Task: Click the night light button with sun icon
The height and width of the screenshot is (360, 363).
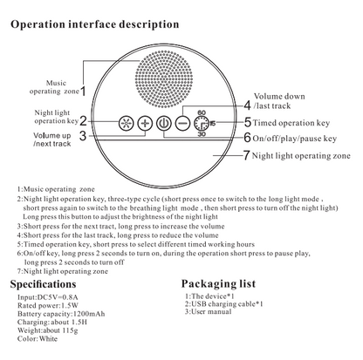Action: [126, 123]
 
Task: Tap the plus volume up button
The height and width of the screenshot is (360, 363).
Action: [145, 123]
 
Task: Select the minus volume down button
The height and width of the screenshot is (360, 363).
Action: [182, 123]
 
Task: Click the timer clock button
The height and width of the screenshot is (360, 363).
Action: [202, 123]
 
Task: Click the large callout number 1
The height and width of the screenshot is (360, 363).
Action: [83, 92]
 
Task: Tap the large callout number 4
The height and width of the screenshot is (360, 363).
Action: [247, 105]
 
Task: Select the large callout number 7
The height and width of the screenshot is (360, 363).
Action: [246, 155]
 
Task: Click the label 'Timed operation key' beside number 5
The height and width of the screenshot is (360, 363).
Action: [291, 123]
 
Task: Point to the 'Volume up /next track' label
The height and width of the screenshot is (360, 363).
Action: [52, 139]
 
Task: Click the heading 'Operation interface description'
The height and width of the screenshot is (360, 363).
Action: [95, 24]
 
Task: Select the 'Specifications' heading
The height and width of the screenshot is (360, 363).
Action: [43, 284]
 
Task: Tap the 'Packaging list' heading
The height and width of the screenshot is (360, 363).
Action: [218, 283]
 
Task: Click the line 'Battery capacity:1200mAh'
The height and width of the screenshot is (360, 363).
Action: [61, 314]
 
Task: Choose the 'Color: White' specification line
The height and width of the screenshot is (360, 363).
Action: [38, 338]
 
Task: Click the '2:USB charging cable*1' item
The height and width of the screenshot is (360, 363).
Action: [224, 304]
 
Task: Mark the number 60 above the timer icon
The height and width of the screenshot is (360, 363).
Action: [202, 112]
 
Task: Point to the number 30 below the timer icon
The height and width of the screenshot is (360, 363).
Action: [202, 134]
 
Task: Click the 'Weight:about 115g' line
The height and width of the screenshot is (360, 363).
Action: [48, 330]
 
